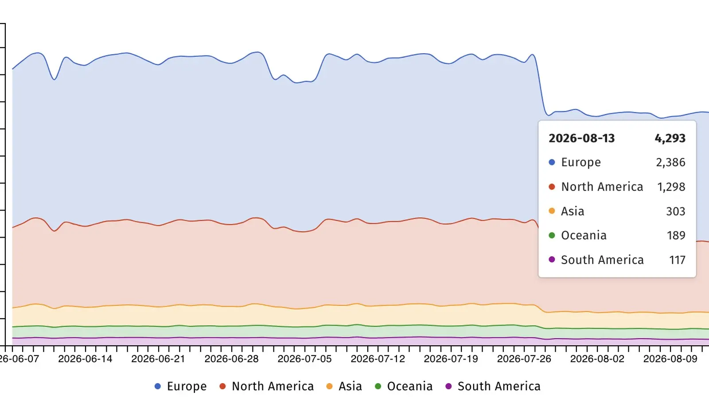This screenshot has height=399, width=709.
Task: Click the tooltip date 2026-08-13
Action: pos(581,138)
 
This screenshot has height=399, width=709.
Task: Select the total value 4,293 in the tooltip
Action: pos(670,138)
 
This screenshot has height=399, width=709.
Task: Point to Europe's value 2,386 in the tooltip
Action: pos(670,162)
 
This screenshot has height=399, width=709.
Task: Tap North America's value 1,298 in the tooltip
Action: pos(671,187)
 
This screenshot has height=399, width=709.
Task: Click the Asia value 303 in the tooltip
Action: pos(675,211)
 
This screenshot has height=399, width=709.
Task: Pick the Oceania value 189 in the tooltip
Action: pos(676,235)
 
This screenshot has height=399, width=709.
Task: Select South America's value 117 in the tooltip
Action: pos(677,260)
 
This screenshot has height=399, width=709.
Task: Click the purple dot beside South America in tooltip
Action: pos(552,260)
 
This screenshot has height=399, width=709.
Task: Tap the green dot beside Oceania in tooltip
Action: pos(552,235)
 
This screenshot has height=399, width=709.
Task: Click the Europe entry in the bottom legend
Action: pos(180,386)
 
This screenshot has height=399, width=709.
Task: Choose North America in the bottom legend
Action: pos(266,386)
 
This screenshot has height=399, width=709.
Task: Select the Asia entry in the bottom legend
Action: pos(344,386)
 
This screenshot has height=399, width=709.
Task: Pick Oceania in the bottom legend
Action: pos(404,386)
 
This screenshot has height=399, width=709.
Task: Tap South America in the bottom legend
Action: pos(493,386)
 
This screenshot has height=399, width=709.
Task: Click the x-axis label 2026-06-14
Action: pos(85,359)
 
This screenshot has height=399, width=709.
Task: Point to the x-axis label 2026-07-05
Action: pos(304,359)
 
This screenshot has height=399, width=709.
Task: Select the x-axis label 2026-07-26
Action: pos(524,359)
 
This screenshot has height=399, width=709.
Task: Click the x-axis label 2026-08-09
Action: pos(670,359)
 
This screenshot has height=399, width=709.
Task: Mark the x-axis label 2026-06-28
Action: pos(231,359)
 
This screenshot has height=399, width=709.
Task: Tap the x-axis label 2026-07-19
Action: pos(451,359)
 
